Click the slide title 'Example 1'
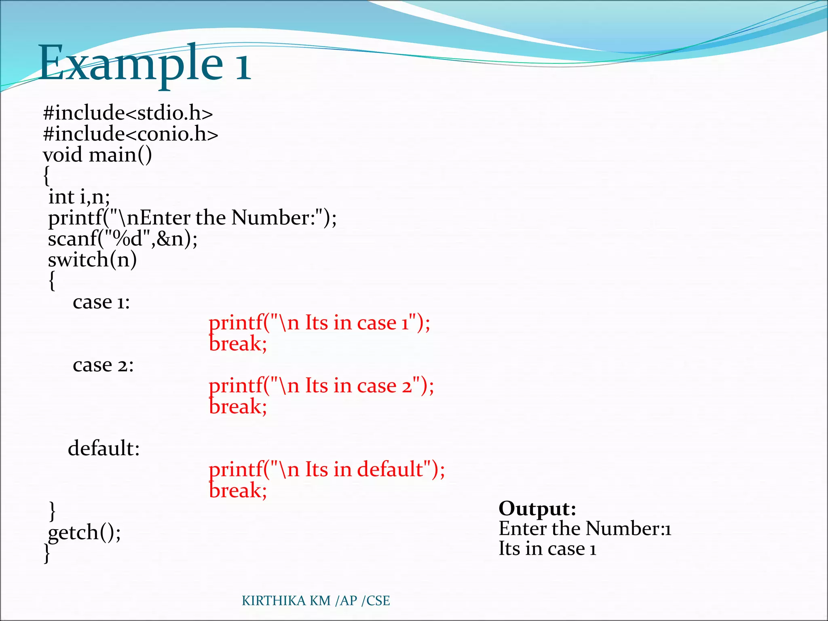[x=144, y=63]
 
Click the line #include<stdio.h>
[x=128, y=113]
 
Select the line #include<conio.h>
[x=130, y=134]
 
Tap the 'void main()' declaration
[x=97, y=155]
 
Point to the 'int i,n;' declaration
[x=79, y=197]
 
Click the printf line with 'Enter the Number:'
[x=192, y=218]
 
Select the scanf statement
[x=123, y=239]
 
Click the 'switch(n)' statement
[x=93, y=260]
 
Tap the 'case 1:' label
[x=101, y=302]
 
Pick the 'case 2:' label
[x=103, y=365]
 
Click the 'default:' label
[x=104, y=448]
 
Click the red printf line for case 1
[x=319, y=323]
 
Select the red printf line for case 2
[x=321, y=386]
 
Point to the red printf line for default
[x=327, y=470]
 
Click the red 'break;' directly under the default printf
[x=238, y=490]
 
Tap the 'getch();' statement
[x=84, y=532]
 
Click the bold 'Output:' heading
[x=537, y=509]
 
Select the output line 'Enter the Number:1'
[x=585, y=528]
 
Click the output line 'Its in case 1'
[x=547, y=549]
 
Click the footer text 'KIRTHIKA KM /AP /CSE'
[x=316, y=601]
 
